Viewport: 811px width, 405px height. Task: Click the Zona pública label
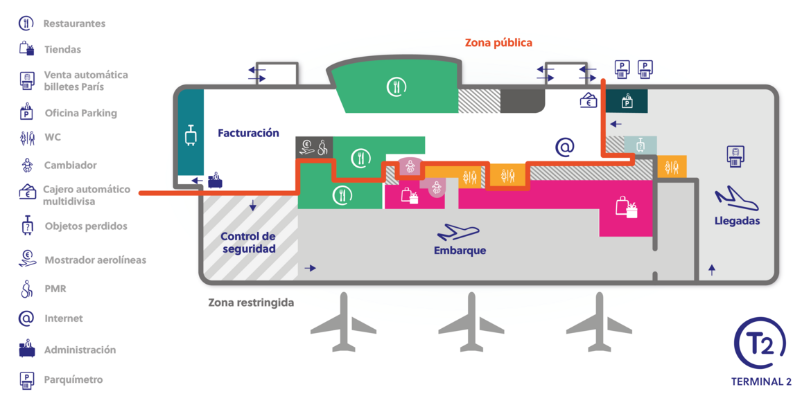coord(498,43)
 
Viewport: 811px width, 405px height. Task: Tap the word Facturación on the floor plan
coord(248,134)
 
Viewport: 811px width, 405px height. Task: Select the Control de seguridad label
coord(247,242)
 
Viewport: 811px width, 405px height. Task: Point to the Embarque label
coord(460,251)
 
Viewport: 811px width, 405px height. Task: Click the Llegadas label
coord(737,222)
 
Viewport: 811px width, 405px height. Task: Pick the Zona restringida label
coord(251,303)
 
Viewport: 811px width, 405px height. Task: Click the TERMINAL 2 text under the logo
coord(761,382)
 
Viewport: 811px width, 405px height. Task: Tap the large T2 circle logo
coord(759,343)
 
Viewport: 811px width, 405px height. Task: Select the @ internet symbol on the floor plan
coord(565,147)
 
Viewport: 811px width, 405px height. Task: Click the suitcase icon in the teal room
coord(191,135)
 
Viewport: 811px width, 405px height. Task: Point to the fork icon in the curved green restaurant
coord(396,87)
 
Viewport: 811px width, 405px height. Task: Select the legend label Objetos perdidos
coord(86,226)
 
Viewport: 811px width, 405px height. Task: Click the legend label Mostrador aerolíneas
coord(95,260)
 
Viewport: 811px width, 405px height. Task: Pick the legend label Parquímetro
coord(73,379)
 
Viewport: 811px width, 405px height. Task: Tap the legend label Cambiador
coord(71,165)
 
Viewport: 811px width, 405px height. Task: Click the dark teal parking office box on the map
coord(627,101)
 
